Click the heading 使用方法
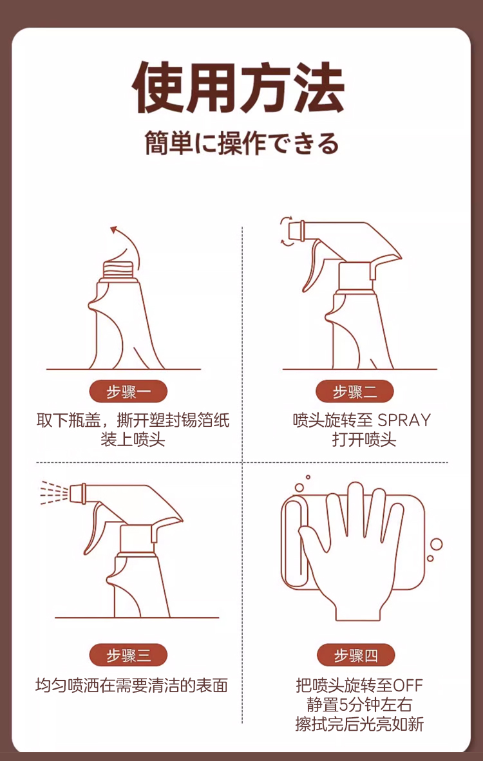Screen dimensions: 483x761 tap(238, 88)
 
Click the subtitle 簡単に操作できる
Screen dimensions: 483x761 tap(241, 144)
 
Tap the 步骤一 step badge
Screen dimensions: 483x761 tap(128, 392)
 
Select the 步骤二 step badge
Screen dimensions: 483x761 tap(354, 392)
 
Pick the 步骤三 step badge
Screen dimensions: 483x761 tap(128, 656)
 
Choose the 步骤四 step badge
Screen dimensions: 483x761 tap(355, 656)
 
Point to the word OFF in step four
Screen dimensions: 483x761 tap(408, 686)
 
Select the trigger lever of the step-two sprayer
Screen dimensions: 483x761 tap(312, 267)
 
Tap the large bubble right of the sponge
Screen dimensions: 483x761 tap(437, 545)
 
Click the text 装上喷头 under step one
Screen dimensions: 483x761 tap(133, 439)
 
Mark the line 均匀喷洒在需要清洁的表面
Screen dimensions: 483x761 tap(131, 686)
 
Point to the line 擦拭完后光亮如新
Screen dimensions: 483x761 tap(359, 724)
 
